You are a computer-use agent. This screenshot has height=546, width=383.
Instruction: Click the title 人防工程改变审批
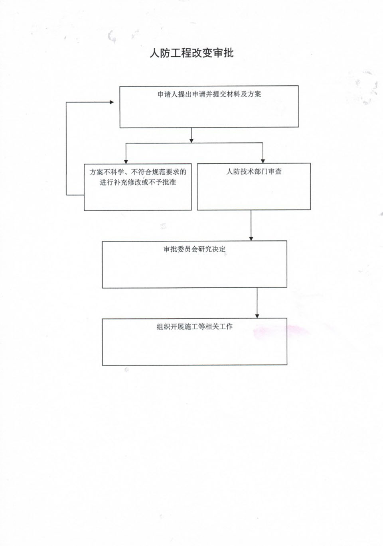[192, 53]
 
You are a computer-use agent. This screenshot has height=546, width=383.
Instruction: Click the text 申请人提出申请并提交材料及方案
[209, 94]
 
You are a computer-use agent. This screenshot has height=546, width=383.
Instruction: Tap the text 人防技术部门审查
[254, 172]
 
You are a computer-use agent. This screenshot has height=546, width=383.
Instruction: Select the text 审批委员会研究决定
[194, 249]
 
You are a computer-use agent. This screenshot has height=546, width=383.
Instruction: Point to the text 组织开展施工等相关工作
[194, 327]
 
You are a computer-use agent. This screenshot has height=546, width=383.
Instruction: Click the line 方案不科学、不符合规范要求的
[138, 172]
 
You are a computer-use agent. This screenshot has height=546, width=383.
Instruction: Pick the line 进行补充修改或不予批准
[138, 182]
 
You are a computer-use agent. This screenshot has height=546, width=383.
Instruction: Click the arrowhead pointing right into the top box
[112, 102]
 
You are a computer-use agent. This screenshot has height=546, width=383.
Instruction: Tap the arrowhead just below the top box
[191, 141]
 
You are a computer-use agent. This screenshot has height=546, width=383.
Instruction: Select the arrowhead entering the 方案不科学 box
[126, 161]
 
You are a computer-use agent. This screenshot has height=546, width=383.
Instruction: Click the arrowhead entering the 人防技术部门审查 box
[263, 161]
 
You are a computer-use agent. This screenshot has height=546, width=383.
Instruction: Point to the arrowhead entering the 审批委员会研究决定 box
[251, 238]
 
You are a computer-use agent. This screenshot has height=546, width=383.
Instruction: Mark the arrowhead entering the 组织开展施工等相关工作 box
[257, 316]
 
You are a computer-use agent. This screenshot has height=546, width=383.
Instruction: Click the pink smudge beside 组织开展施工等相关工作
[280, 332]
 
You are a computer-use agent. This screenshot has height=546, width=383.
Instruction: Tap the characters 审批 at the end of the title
[223, 53]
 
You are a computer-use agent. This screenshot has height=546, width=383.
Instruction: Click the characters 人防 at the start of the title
[160, 53]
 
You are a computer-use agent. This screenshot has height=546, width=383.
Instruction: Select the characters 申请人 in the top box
[168, 94]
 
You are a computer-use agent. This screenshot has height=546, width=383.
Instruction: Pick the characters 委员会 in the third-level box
[188, 249]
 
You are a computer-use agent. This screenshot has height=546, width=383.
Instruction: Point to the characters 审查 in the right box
[275, 172]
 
